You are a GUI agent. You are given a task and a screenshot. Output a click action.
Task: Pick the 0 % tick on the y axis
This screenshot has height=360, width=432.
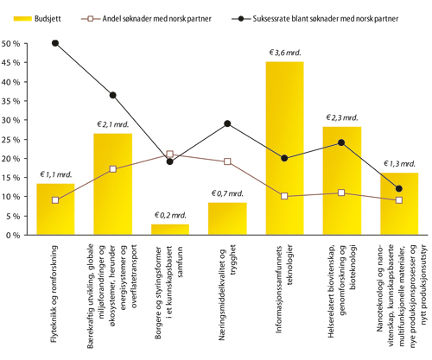coord(15,234)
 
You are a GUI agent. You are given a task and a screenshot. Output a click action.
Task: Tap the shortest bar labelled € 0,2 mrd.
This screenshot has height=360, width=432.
coord(170,229)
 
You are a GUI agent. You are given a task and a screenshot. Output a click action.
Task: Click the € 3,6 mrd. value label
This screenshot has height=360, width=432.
coord(284,53)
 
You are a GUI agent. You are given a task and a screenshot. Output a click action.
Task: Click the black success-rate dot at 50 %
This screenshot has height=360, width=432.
coord(55,43)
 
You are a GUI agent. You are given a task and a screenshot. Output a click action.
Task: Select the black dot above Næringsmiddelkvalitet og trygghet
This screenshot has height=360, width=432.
coord(227,123)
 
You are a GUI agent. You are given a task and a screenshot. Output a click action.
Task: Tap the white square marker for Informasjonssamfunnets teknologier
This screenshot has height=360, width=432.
coord(284,196)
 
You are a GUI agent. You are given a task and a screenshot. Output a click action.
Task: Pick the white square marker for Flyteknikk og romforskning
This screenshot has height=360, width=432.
coord(55,200)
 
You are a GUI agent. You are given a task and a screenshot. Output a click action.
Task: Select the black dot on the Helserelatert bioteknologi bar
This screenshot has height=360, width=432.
coord(341,142)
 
